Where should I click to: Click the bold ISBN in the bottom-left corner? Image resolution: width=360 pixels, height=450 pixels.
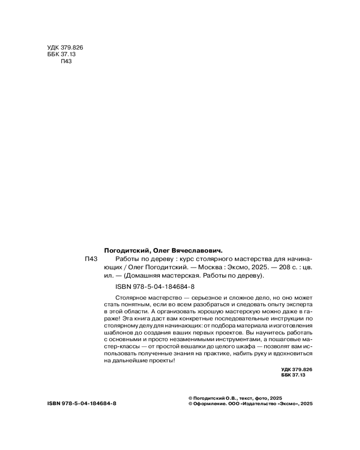81,404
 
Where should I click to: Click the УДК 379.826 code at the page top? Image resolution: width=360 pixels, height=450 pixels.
65,48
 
